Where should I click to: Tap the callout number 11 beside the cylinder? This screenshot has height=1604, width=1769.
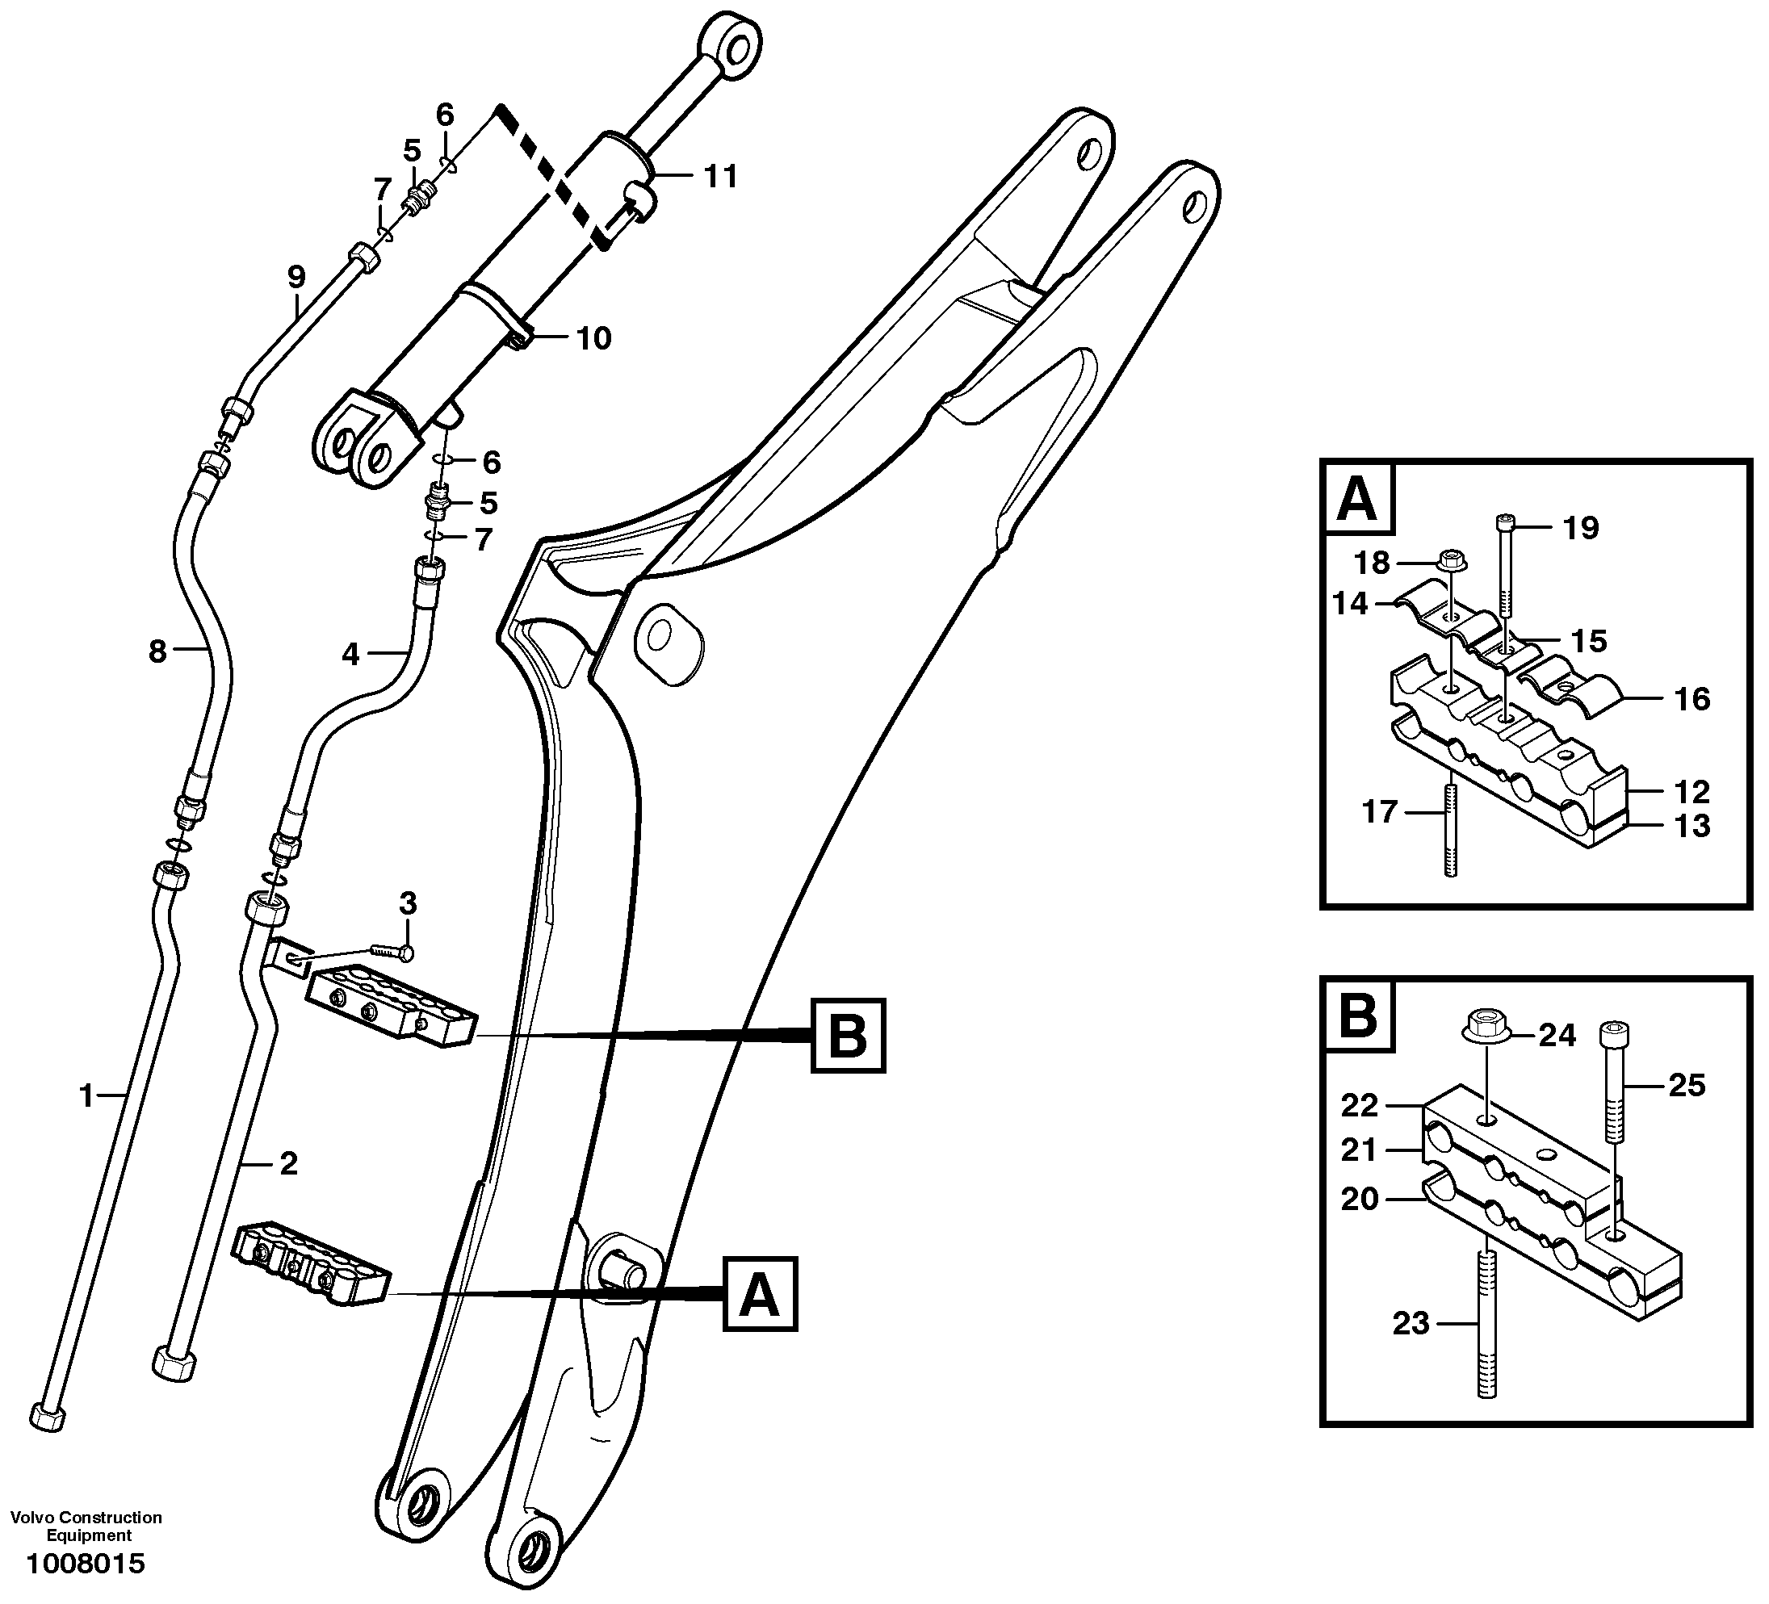[720, 178]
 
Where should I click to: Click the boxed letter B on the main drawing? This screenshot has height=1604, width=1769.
[848, 1036]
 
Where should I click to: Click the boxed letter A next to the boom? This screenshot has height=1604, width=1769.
[760, 1294]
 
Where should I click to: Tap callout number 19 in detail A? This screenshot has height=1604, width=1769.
[1580, 528]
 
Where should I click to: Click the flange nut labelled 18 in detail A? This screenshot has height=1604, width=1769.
[1454, 559]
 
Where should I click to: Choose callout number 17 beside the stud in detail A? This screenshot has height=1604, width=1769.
[1378, 811]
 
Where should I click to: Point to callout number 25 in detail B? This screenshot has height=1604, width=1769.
[1687, 1086]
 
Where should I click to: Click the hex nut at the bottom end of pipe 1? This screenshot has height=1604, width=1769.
[48, 1417]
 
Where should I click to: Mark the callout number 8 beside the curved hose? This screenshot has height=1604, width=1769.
[157, 651]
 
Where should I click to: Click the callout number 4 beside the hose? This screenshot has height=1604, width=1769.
[350, 653]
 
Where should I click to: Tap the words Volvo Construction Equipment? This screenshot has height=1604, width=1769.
[86, 1526]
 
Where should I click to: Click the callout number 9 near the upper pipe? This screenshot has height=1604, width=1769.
[296, 277]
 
